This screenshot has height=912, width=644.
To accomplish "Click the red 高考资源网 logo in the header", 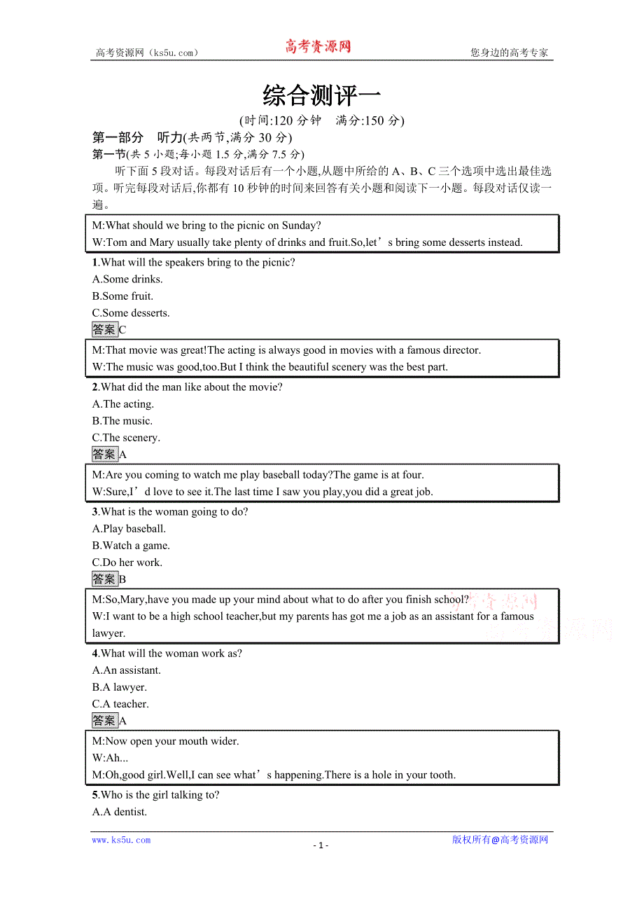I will click(x=317, y=47).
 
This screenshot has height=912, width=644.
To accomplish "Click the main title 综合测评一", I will click(x=321, y=95).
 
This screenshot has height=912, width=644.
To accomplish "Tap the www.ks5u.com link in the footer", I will click(x=121, y=840).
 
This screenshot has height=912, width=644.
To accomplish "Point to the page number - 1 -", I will click(x=321, y=845).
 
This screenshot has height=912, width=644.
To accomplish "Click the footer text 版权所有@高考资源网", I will click(x=500, y=840).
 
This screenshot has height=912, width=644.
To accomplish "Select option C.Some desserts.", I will click(x=131, y=313).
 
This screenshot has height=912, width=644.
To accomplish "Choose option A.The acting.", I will click(x=123, y=404).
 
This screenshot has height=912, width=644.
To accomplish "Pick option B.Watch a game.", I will click(x=131, y=546).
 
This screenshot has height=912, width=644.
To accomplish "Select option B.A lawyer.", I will click(x=120, y=687).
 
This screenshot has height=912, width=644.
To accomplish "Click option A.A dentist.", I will click(x=120, y=812).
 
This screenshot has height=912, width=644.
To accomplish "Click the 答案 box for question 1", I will click(x=105, y=329).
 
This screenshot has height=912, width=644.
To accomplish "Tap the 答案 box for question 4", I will click(x=105, y=720).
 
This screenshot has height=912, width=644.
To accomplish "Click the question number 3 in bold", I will click(x=95, y=512).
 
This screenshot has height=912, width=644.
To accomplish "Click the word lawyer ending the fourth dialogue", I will click(x=108, y=633).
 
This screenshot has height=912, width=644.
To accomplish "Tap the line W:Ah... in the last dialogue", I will click(x=110, y=758).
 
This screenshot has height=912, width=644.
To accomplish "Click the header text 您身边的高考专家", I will click(x=509, y=53).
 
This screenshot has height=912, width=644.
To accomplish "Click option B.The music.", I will click(x=122, y=421).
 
